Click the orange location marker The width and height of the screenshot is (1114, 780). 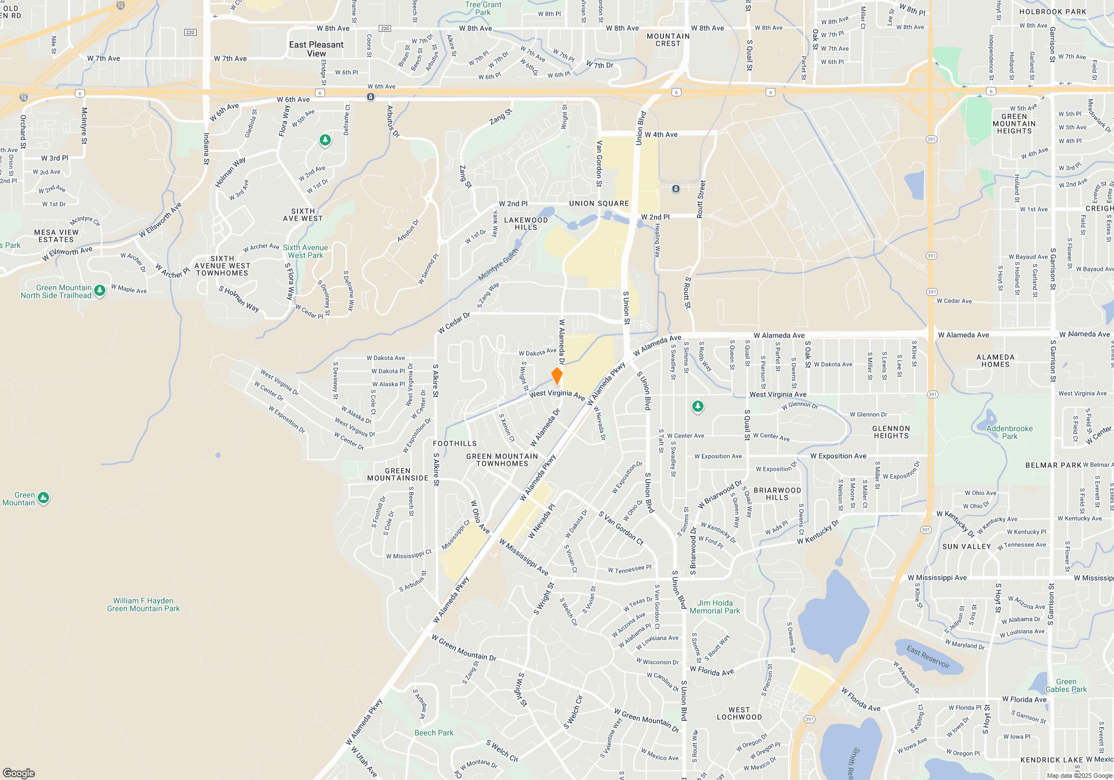[556, 376]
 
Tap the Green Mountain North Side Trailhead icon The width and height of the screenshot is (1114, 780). [100, 290]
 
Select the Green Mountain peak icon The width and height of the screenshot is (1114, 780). [43, 498]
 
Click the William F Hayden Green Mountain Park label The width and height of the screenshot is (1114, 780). [144, 604]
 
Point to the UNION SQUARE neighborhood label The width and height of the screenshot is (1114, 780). [599, 203]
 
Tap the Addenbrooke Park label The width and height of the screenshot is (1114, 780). [1009, 432]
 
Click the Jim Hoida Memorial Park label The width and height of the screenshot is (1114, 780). [715, 607]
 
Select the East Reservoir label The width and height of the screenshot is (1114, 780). [928, 656]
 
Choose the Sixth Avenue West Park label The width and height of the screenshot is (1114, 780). [305, 251]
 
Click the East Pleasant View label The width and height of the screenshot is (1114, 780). [316, 49]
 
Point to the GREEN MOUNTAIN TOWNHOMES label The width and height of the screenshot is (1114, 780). [502, 460]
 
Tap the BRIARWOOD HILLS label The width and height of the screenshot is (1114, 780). [777, 494]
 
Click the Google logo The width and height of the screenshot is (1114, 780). [18, 773]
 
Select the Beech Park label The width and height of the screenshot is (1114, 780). [434, 733]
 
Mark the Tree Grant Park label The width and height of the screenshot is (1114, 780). [483, 8]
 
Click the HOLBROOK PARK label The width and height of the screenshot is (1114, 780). [1052, 12]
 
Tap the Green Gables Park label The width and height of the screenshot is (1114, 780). [1066, 685]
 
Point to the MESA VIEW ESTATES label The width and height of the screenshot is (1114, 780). [56, 236]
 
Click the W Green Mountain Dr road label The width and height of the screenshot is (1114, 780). [464, 649]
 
